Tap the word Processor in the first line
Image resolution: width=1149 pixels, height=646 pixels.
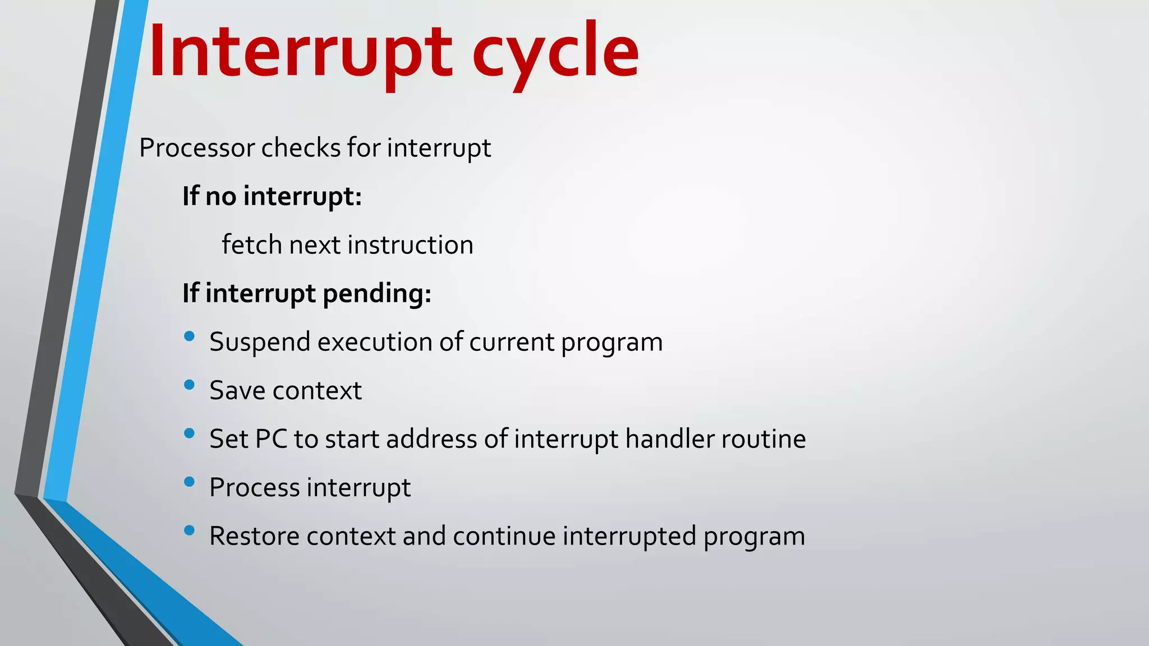(197, 149)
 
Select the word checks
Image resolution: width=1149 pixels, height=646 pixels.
(301, 148)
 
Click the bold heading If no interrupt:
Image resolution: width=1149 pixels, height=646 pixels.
(272, 196)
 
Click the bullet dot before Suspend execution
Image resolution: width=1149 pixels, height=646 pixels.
(189, 336)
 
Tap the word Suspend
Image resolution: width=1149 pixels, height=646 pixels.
(259, 342)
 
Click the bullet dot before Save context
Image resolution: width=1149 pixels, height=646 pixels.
(189, 385)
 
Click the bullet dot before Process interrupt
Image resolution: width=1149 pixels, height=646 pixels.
(189, 482)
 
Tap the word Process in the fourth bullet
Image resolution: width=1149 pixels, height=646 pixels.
(254, 487)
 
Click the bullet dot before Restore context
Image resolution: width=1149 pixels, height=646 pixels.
(189, 530)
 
